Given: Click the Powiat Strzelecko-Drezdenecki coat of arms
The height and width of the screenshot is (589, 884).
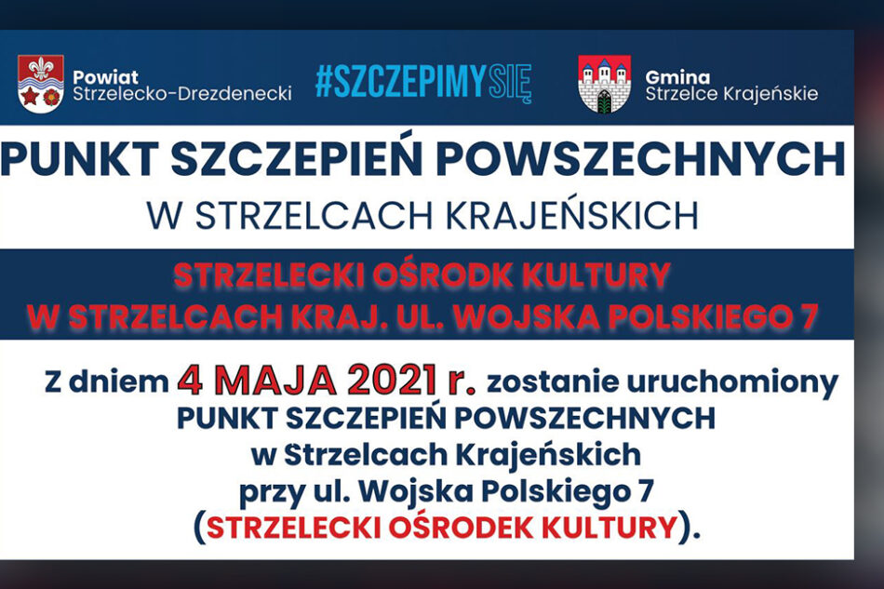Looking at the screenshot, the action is click(41, 84).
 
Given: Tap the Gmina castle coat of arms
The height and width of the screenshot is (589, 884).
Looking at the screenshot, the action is click(604, 84).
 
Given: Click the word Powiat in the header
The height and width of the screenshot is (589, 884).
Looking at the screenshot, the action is click(105, 77).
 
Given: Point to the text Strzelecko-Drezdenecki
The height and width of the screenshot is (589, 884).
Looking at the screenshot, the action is click(182, 94).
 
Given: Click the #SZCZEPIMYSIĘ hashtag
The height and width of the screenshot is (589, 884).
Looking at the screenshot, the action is click(423, 83).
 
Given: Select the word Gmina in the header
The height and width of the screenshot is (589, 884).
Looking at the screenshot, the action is click(677, 77).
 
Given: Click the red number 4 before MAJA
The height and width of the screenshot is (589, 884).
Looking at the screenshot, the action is click(190, 382).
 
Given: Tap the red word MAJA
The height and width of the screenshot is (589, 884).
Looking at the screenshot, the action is click(274, 382).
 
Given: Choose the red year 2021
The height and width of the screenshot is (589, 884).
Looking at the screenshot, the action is click(393, 382).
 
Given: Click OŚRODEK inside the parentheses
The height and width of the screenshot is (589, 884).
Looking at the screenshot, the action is click(461, 527).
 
